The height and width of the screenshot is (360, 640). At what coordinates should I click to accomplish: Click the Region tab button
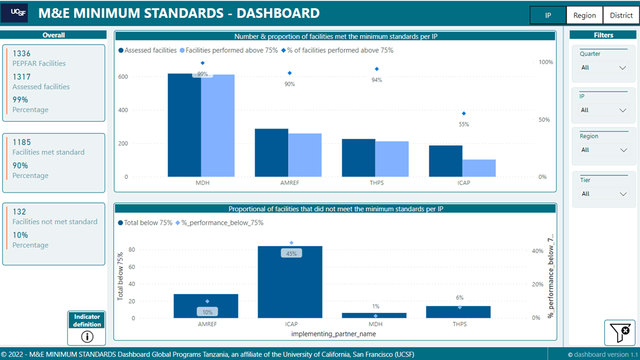[584, 15]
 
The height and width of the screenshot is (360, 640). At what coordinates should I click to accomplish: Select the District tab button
[621, 15]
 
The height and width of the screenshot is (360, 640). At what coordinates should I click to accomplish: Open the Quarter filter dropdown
[604, 68]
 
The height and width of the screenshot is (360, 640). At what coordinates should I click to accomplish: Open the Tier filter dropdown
[604, 194]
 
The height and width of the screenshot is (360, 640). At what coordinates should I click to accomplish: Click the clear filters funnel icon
[619, 333]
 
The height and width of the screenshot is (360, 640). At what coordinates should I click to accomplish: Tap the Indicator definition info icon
[87, 336]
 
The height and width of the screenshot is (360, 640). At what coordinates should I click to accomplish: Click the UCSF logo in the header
[14, 12]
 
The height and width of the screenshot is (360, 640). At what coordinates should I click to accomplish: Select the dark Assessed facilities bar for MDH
[184, 125]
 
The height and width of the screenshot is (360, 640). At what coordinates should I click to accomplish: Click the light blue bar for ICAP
[479, 168]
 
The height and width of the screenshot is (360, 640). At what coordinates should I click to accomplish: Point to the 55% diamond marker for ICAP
[464, 114]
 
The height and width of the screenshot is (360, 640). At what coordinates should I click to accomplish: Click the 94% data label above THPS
[376, 80]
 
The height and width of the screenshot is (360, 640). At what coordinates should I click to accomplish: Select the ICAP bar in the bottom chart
[290, 282]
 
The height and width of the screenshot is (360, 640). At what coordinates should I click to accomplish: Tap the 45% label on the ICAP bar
[291, 254]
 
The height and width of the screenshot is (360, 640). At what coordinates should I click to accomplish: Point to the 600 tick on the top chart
[122, 76]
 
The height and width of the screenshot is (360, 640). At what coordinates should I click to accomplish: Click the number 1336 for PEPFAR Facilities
[22, 54]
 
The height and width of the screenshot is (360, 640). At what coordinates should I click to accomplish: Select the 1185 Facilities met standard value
[22, 142]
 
